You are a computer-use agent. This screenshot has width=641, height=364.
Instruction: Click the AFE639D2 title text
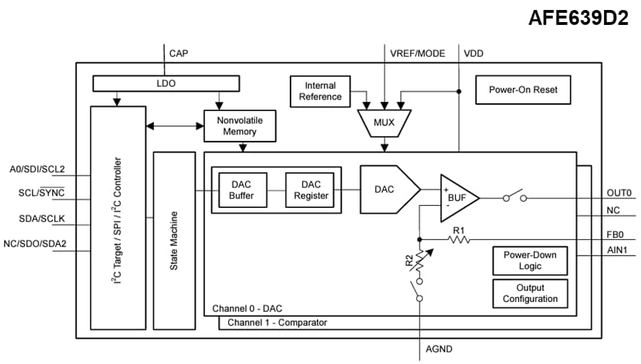pos(578,19)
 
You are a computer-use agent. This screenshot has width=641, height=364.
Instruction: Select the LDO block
pos(165,84)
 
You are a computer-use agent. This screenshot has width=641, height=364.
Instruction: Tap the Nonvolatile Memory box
pos(239,126)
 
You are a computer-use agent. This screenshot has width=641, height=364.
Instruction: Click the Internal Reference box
pos(320,91)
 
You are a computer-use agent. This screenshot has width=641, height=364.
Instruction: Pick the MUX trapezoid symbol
pos(384,123)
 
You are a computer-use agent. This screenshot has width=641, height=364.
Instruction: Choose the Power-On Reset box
pos(523,90)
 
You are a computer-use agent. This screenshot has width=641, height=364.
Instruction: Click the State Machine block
pos(173,239)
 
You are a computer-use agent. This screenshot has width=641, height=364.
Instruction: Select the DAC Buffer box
pos(241,189)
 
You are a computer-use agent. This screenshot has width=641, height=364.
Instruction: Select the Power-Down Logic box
pos(530,261)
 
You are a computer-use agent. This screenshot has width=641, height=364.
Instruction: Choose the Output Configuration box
pos(530,293)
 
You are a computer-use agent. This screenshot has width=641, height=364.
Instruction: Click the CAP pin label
pos(179,53)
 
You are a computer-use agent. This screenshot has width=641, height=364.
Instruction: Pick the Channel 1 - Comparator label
pos(277,323)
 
